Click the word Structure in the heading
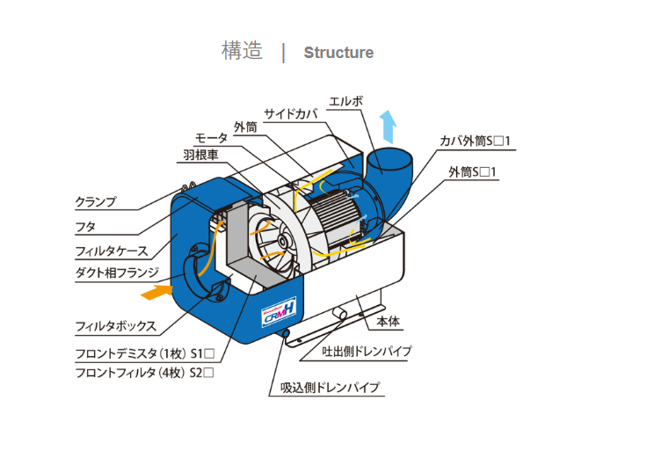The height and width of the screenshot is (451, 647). click(338, 53)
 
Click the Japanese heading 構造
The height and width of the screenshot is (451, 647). click(242, 51)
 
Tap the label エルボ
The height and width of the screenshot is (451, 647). click(345, 101)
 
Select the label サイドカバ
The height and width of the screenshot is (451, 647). click(290, 113)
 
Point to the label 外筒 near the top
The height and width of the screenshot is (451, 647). click(245, 127)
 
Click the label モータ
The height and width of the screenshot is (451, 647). click(211, 139)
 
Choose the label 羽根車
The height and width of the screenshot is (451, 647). click(200, 154)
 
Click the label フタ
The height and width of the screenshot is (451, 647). click(86, 226)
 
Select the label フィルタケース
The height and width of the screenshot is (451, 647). click(111, 251)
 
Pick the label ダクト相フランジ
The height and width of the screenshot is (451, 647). click(118, 272)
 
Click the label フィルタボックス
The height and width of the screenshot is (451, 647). click(116, 326)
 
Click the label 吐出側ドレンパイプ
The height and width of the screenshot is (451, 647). click(367, 352)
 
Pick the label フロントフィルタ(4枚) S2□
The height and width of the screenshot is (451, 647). click(144, 373)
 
